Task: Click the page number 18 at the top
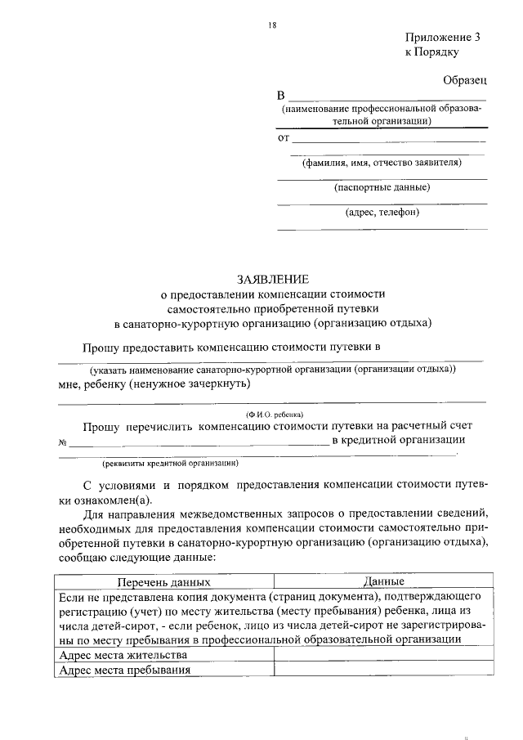[x=273, y=25]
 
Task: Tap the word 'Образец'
[x=465, y=80]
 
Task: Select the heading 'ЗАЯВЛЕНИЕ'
[x=272, y=279]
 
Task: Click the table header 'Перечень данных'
[x=163, y=583]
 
